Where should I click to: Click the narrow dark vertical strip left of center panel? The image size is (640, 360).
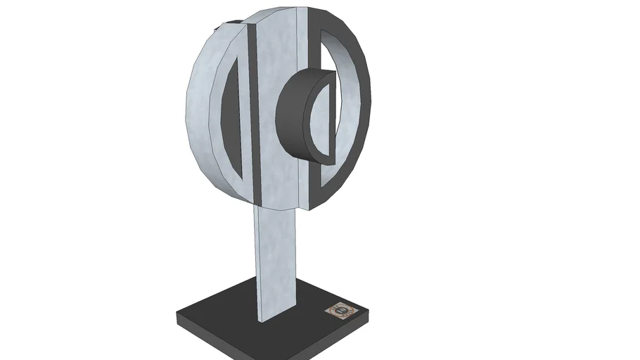(254, 112)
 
